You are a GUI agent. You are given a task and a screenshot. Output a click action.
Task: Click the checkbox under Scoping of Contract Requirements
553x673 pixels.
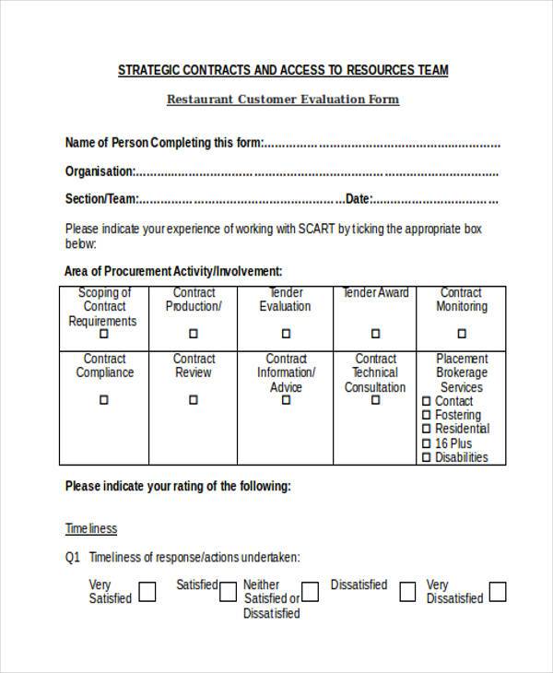tap(103, 334)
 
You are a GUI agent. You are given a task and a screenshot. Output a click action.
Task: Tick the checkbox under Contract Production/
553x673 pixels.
tap(194, 334)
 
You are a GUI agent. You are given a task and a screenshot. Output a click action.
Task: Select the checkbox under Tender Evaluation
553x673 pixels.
tap(285, 334)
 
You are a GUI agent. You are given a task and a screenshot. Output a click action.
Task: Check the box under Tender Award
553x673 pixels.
tap(375, 334)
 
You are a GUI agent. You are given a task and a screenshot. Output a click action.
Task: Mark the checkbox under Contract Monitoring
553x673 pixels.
tap(462, 334)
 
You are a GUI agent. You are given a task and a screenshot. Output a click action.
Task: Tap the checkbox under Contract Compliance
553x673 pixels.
tap(103, 400)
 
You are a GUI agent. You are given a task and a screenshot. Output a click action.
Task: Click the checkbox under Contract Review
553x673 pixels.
tap(194, 400)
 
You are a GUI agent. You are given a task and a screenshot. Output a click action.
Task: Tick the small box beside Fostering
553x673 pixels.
tap(427, 416)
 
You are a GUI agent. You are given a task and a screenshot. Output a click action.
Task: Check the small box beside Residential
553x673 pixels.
tap(427, 430)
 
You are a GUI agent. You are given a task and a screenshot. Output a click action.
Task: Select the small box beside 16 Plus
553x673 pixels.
tap(427, 443)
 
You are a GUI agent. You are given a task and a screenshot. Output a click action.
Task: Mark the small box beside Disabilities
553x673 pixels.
tap(427, 457)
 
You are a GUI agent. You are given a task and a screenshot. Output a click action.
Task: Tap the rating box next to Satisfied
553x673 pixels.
tap(228, 590)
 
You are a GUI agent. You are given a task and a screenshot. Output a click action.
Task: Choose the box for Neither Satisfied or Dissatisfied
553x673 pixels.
tap(311, 591)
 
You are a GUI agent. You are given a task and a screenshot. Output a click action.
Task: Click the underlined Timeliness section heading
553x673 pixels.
tap(91, 528)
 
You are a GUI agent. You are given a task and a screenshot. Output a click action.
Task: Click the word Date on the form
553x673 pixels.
tap(358, 198)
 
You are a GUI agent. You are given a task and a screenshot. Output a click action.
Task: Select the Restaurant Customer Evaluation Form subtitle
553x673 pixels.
tap(283, 100)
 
